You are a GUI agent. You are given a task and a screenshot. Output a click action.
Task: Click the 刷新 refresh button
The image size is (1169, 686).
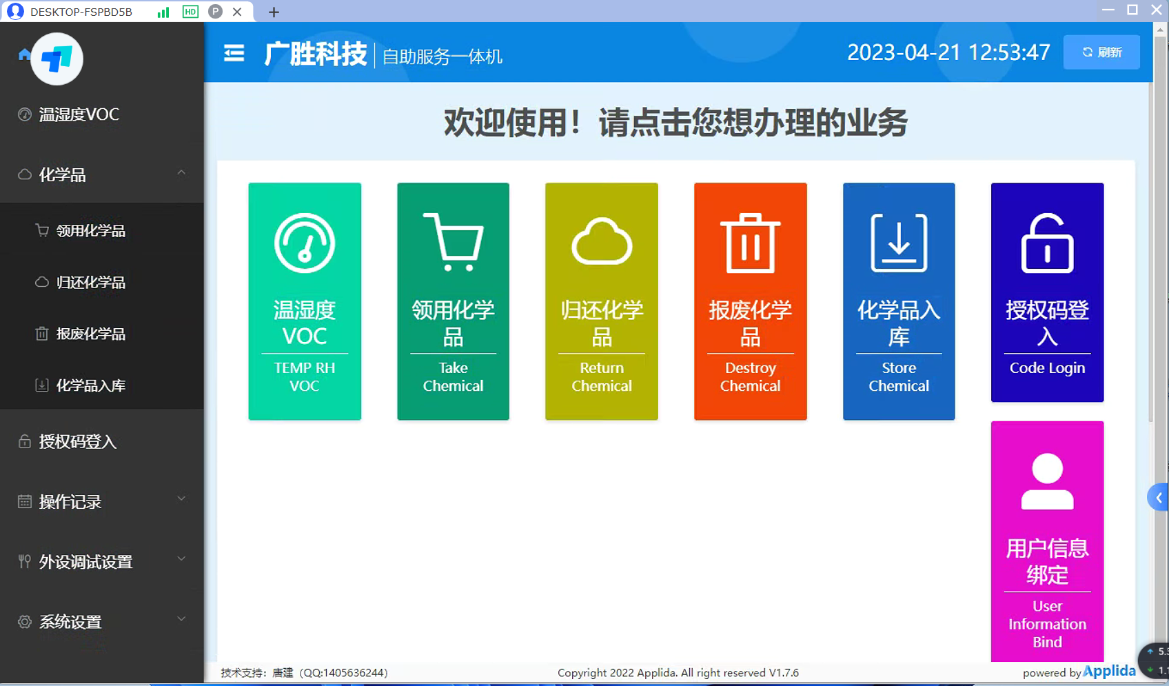1101,52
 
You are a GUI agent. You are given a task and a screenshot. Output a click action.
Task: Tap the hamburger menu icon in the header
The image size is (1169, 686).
234,52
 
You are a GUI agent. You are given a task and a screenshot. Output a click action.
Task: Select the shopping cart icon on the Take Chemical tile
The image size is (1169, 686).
453,242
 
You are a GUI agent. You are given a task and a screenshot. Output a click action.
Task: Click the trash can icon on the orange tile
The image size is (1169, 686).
750,243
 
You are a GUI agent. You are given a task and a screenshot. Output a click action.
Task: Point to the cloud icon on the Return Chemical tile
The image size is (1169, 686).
602,241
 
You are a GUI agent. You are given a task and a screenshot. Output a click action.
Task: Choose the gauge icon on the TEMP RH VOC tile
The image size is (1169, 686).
305,243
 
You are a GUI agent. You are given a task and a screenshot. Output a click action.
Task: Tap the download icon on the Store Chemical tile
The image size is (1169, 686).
899,243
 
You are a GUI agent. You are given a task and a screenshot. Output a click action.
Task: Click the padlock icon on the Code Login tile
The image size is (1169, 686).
1047,243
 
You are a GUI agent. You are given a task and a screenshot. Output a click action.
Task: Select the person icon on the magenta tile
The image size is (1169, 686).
1047,481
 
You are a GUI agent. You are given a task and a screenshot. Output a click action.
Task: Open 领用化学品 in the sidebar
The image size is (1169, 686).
90,231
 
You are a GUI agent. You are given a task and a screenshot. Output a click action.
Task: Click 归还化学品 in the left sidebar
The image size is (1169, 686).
90,283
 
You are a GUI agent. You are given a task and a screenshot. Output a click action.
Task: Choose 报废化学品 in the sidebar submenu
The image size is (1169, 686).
90,334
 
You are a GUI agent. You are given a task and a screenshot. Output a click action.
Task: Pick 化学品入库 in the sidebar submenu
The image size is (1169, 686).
90,385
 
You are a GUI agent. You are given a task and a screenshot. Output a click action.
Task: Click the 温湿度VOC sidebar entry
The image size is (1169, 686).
79,114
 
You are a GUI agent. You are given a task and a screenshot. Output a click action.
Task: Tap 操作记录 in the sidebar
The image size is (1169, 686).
70,502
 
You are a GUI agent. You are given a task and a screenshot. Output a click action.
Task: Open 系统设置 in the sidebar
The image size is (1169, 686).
70,622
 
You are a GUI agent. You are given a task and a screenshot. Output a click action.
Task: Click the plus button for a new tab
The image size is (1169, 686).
274,12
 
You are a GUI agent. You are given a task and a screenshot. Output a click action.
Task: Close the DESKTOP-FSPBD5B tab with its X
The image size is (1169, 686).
237,12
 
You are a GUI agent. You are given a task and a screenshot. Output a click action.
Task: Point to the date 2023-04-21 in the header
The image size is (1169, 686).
904,52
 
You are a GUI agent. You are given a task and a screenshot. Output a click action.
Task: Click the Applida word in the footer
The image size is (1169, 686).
1109,671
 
